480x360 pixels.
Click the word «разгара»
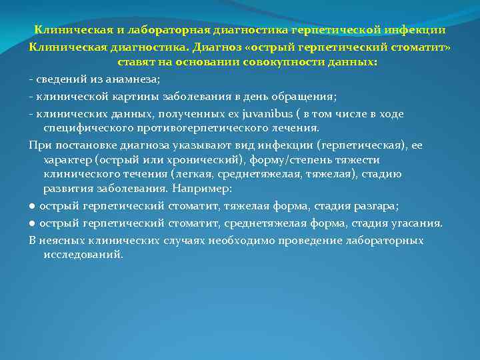(378, 207)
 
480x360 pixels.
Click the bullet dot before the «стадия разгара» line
(32, 207)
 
